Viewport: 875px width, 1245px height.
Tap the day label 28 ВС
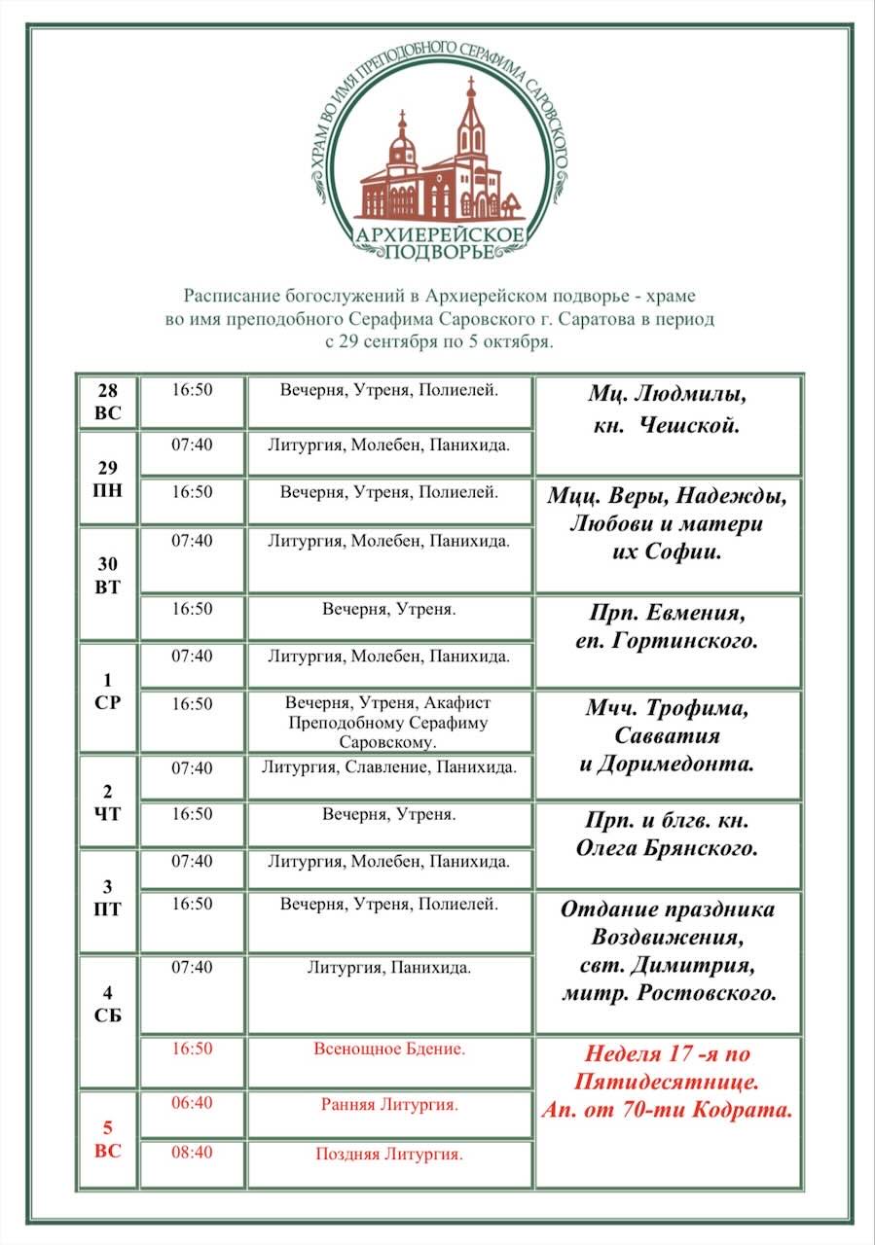pyautogui.click(x=108, y=401)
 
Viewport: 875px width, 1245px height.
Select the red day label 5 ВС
pyautogui.click(x=108, y=1139)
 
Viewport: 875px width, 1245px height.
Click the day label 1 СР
pyautogui.click(x=108, y=692)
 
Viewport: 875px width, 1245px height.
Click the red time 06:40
pyautogui.click(x=192, y=1105)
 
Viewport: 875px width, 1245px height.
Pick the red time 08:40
pyautogui.click(x=192, y=1153)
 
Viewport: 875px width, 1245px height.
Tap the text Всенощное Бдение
pyautogui.click(x=389, y=1049)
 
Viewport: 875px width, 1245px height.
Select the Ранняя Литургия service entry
pyautogui.click(x=389, y=1105)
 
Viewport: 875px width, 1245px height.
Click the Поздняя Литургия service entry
pyautogui.click(x=389, y=1155)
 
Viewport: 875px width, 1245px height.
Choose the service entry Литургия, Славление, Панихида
pyautogui.click(x=389, y=767)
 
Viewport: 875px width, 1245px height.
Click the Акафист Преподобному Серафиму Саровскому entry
pyautogui.click(x=389, y=723)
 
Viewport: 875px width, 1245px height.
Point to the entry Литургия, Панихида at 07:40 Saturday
pyautogui.click(x=389, y=968)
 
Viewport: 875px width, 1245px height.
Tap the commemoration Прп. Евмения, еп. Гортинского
pyautogui.click(x=673, y=627)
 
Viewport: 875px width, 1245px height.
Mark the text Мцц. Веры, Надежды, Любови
pyautogui.click(x=667, y=510)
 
